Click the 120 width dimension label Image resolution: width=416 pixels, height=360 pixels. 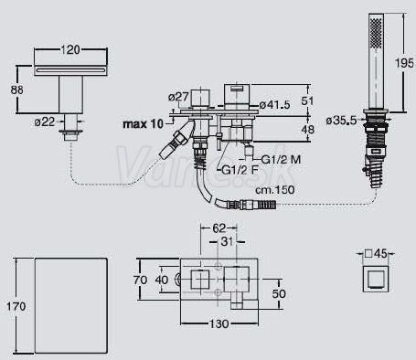70,49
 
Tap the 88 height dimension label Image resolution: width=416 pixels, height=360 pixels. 16,90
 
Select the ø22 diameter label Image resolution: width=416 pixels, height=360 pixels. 45,122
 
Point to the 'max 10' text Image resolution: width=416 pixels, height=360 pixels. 143,124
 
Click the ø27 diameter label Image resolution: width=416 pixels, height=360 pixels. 178,98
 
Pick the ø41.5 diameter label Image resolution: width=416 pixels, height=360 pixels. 275,105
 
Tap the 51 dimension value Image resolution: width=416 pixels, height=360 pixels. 307,101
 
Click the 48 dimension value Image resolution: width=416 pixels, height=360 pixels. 307,129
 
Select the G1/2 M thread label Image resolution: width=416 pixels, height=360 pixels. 281,159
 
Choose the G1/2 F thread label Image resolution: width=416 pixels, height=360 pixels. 240,170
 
